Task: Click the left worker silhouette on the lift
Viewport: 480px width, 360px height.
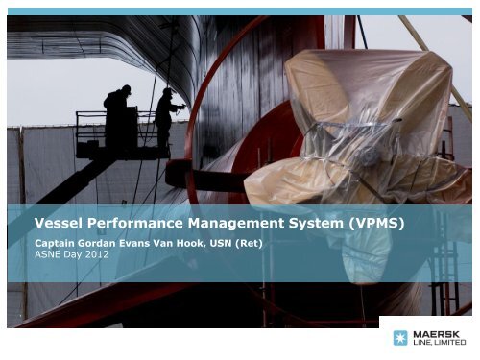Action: coord(117,115)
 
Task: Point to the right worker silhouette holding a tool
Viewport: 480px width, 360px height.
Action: coord(165,113)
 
